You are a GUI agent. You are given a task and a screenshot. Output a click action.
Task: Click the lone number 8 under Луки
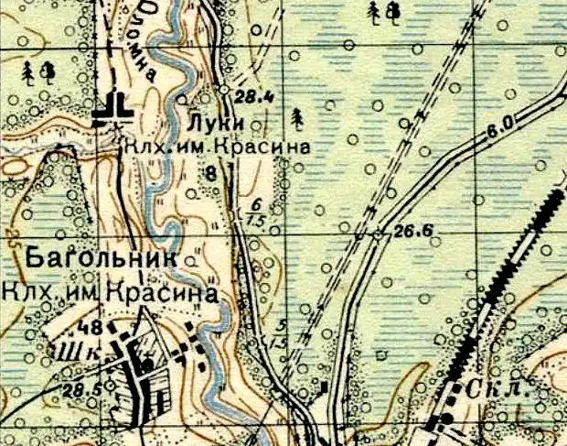(211, 171)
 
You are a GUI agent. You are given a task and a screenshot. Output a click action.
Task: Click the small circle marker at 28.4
(224, 90)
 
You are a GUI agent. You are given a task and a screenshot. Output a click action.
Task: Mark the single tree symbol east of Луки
(296, 117)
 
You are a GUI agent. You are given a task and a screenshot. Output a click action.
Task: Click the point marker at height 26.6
(379, 235)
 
